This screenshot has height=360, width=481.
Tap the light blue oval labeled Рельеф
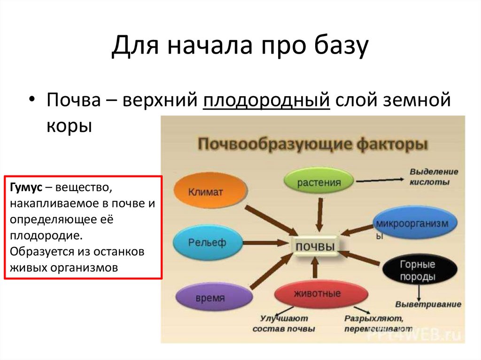point(207,242)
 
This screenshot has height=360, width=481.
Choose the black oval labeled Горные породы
point(417,271)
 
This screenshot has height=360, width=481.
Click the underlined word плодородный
point(266,101)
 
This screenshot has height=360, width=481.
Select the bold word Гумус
point(25,188)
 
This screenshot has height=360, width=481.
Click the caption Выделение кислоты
point(433,177)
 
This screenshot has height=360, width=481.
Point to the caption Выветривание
point(428,304)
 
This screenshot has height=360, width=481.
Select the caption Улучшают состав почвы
point(284,324)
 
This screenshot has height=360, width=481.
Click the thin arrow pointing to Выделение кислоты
point(381,179)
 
